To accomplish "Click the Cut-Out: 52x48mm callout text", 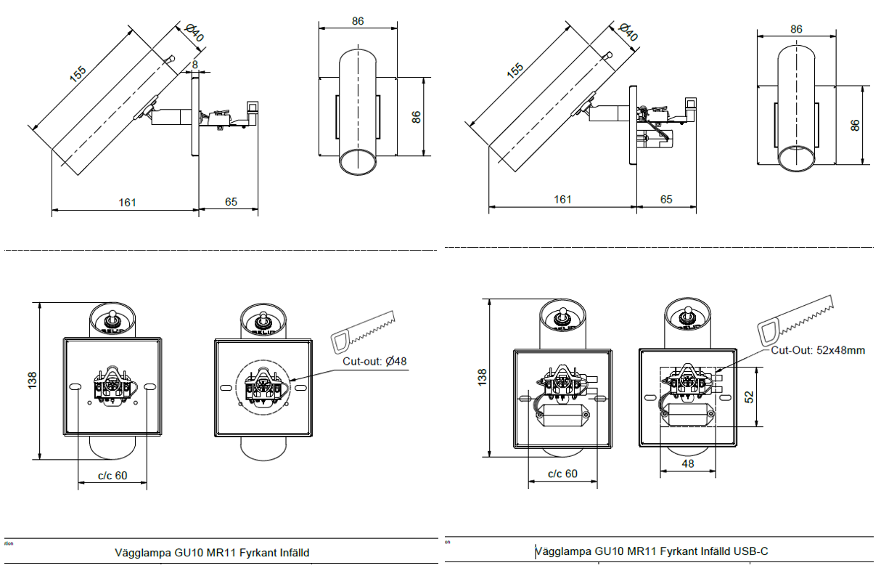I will click(818, 350).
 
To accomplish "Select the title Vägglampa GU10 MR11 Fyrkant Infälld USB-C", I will click(652, 552).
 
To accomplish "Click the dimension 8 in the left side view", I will click(194, 65).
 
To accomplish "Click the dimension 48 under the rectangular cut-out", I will click(687, 463).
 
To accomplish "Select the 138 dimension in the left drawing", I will click(32, 381).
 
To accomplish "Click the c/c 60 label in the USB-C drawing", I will click(562, 474).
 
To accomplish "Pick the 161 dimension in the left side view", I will click(127, 202).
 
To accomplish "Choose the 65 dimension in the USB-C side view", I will click(666, 199).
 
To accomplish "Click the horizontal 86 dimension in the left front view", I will click(358, 21).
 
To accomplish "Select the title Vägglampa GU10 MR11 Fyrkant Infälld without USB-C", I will click(212, 553).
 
